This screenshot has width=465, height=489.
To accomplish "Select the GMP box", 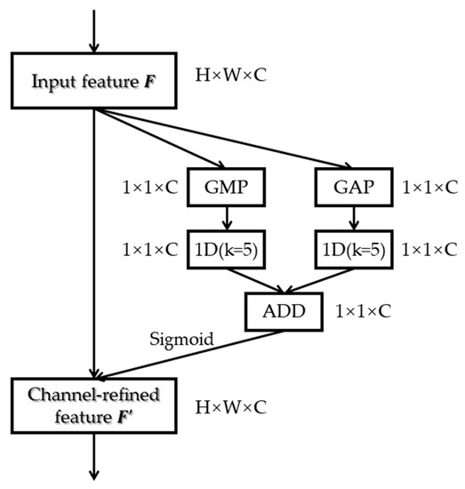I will (x=225, y=189).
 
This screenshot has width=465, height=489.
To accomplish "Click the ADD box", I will (x=284, y=311).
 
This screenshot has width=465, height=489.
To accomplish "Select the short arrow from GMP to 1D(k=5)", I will (x=225, y=220).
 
